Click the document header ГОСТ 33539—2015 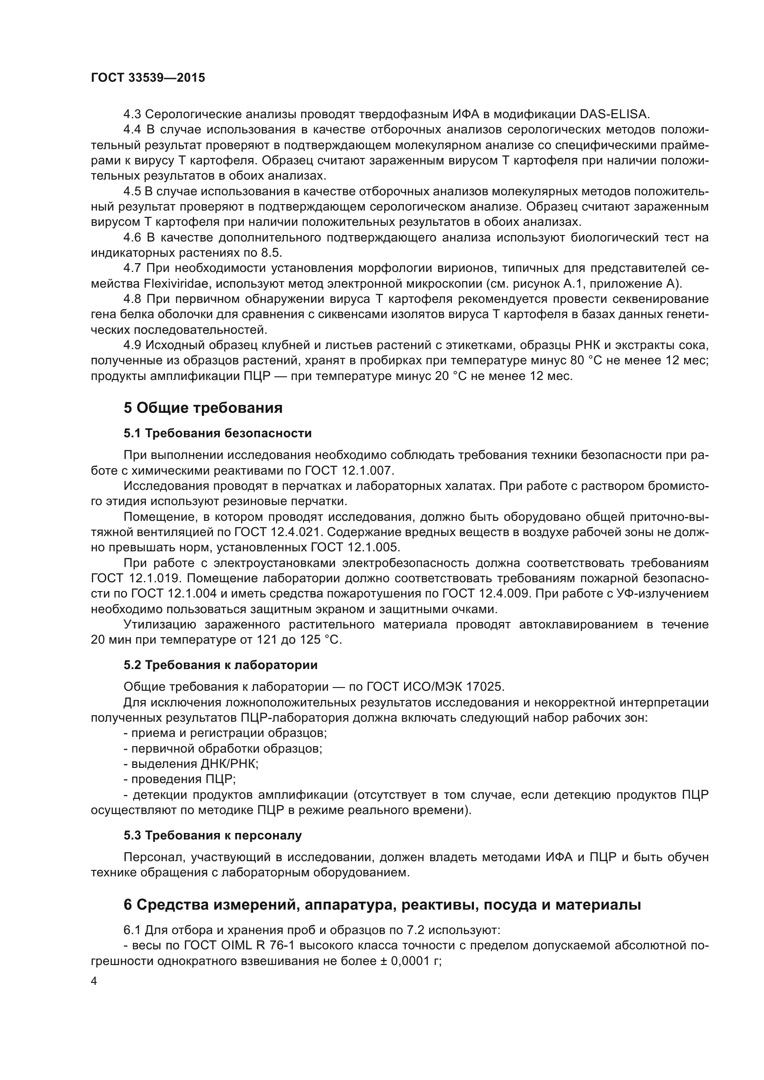click(148, 78)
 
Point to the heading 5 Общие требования click(203, 408)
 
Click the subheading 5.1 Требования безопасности click(218, 433)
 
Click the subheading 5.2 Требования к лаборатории click(220, 665)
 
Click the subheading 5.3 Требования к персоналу click(212, 835)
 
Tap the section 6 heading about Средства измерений click(382, 905)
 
